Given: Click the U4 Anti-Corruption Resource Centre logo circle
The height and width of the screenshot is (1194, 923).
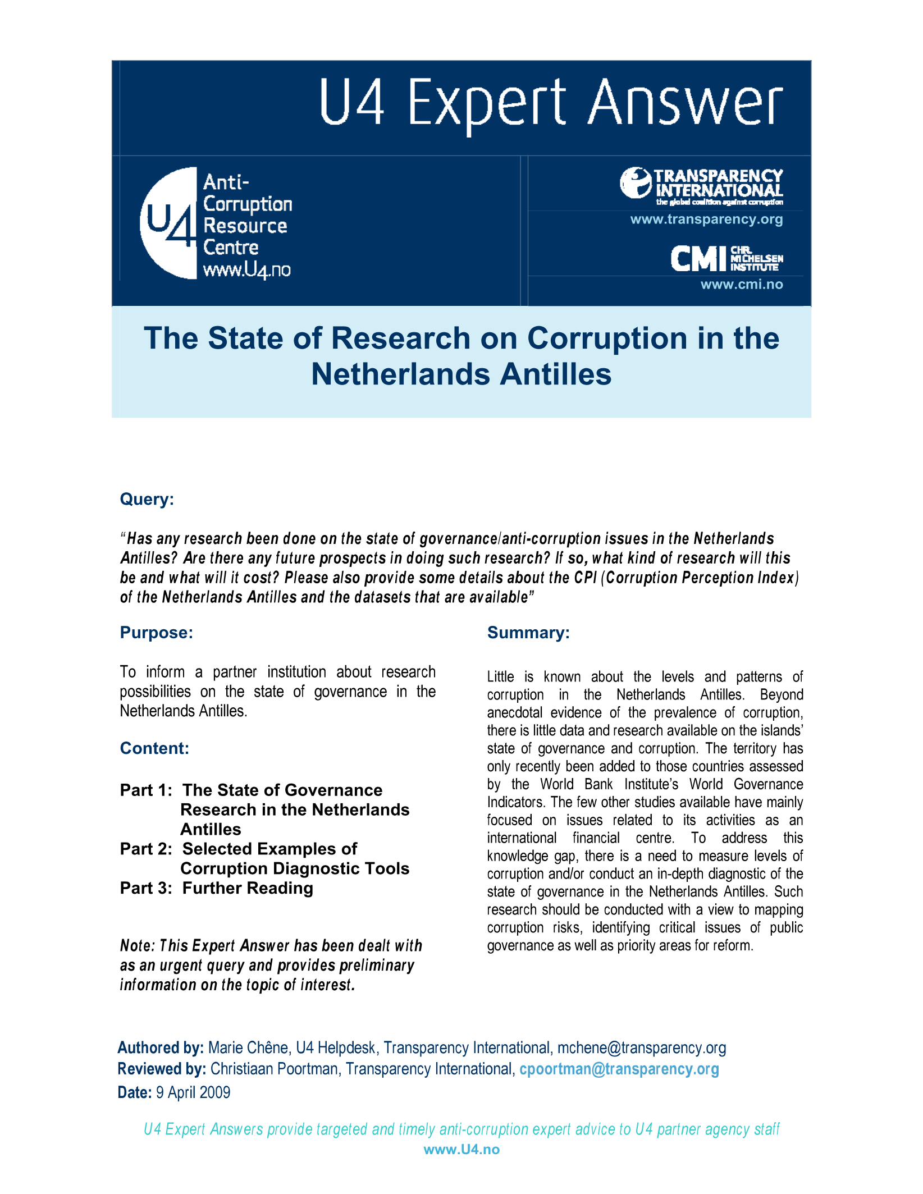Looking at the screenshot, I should (x=168, y=223).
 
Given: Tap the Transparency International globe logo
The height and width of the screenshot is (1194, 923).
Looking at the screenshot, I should (x=636, y=182).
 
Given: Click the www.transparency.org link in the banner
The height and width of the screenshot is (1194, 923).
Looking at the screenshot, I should (x=706, y=219).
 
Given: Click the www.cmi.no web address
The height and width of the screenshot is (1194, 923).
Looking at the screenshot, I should (x=741, y=285).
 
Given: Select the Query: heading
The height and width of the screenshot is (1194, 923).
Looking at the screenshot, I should (x=147, y=499).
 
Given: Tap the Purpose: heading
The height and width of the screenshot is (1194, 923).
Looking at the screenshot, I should (x=157, y=633).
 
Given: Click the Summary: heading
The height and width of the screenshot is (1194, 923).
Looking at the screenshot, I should (x=528, y=633).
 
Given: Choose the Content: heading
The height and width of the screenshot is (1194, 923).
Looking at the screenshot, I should (x=154, y=748).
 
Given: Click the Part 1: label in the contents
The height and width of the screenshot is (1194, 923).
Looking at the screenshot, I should (x=146, y=790).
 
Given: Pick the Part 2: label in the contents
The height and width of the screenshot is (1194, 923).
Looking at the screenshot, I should (x=146, y=849).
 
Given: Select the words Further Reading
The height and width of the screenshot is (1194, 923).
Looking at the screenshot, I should (x=248, y=888).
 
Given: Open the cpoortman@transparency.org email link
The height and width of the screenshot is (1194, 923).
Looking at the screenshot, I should (x=619, y=1069).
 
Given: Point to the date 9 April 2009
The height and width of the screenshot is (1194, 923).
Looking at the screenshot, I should (x=193, y=1092).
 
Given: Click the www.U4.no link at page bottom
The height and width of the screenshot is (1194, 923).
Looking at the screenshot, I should (x=461, y=1150).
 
